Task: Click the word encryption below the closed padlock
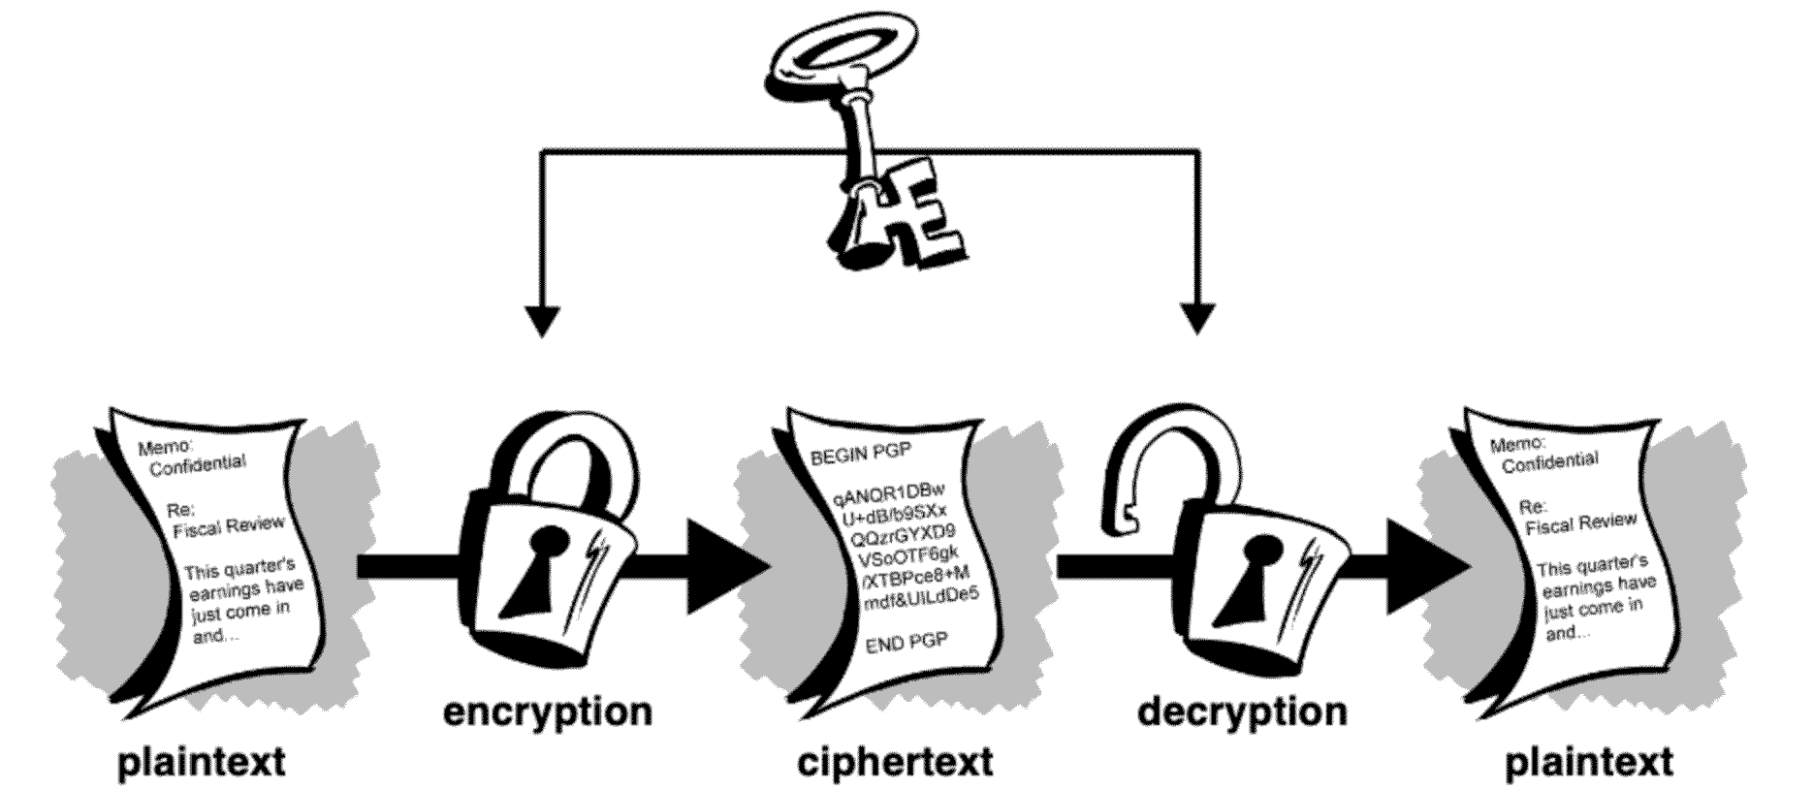[548, 712]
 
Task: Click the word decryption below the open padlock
[1242, 712]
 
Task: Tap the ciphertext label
[895, 762]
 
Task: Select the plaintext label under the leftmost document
[202, 762]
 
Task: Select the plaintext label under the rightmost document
[1589, 762]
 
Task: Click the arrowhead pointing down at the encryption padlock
[542, 320]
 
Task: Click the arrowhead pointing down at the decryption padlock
[1198, 319]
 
